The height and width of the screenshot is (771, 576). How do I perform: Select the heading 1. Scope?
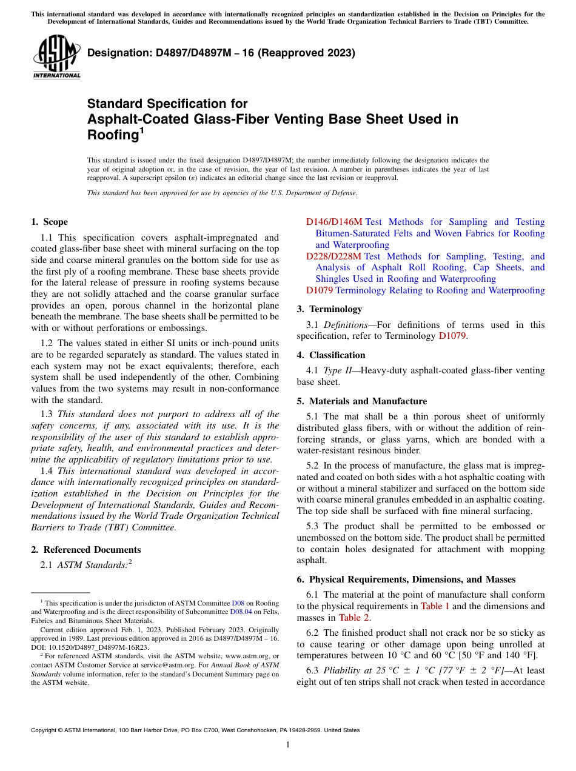coord(49,222)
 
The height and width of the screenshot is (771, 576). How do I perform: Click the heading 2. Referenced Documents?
coord(86,550)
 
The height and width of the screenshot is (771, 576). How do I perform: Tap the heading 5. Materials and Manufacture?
coord(362,401)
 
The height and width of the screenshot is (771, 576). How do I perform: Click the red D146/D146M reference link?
coord(334,222)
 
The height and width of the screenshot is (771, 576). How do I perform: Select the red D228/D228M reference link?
coord(334,256)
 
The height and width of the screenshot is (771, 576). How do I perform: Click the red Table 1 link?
coord(435,606)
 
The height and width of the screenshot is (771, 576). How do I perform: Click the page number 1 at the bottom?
coord(288,745)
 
